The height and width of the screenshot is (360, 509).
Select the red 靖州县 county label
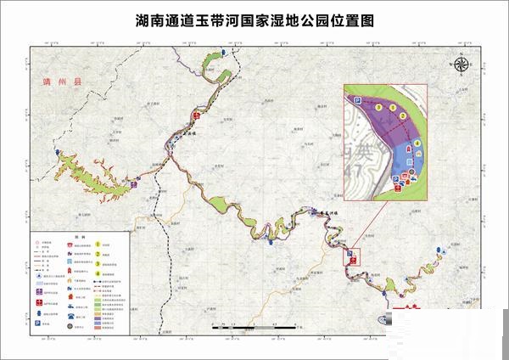[x=60, y=82]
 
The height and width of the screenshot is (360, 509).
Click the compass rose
[x=461, y=63]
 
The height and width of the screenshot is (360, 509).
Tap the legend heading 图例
[x=76, y=239]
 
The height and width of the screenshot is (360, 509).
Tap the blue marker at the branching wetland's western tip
[x=59, y=154]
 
